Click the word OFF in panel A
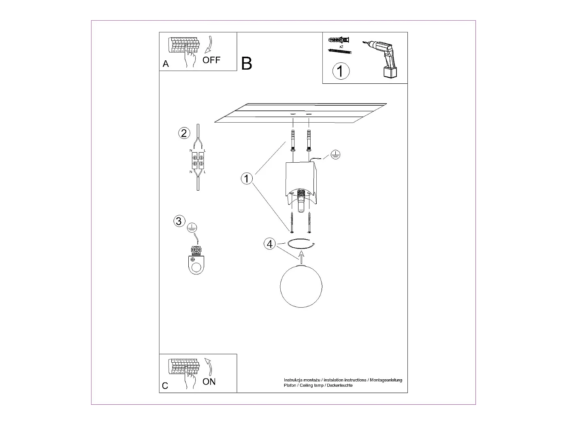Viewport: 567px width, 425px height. coord(211,60)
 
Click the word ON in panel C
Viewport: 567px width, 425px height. coord(209,382)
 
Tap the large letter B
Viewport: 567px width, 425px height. coord(247,64)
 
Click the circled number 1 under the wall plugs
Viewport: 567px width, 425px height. coord(341,71)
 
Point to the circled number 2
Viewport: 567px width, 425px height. coord(184,133)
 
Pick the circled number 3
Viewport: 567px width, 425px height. coord(179,221)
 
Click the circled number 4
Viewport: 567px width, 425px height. coord(270,244)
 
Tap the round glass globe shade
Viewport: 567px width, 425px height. coord(301,286)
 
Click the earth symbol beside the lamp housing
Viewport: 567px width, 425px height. coord(335,154)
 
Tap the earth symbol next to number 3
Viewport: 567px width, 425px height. coord(192,228)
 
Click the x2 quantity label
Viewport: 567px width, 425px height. coord(341,47)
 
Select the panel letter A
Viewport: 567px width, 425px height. coord(166,64)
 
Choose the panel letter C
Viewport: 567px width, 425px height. coord(165,386)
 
